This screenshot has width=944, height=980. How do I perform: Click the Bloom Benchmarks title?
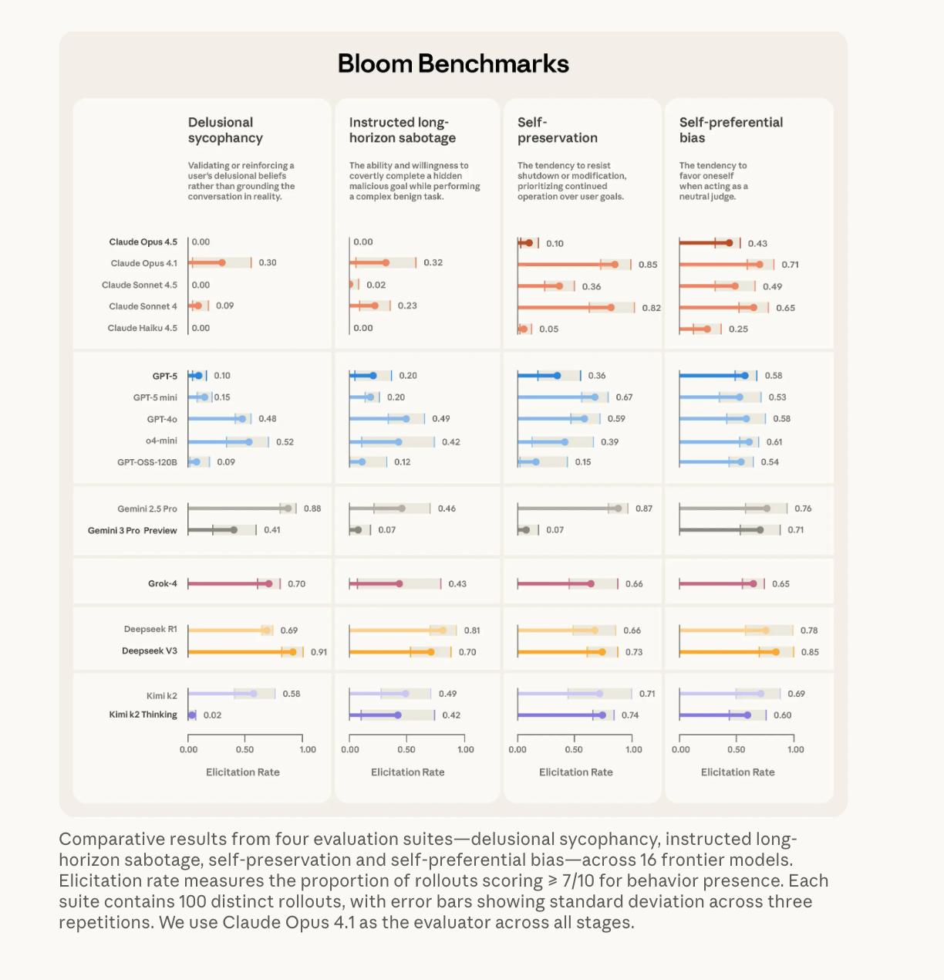pyautogui.click(x=453, y=63)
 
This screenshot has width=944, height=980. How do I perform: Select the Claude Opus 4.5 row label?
pyautogui.click(x=143, y=242)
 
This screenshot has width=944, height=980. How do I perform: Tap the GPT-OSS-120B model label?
pyautogui.click(x=147, y=462)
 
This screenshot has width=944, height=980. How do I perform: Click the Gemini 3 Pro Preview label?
pyautogui.click(x=132, y=531)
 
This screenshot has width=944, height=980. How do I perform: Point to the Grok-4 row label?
pyautogui.click(x=162, y=584)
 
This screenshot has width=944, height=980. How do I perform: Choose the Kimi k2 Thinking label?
pyautogui.click(x=143, y=715)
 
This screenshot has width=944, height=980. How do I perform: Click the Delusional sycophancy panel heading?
pyautogui.click(x=225, y=130)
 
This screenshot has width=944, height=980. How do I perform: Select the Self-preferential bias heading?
pyautogui.click(x=730, y=130)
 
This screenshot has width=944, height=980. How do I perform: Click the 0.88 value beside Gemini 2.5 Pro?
pyautogui.click(x=312, y=509)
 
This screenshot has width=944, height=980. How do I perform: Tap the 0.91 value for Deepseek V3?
pyautogui.click(x=319, y=652)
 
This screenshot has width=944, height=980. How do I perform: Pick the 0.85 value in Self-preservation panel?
pyautogui.click(x=648, y=265)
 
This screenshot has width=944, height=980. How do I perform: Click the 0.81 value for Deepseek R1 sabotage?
pyautogui.click(x=472, y=630)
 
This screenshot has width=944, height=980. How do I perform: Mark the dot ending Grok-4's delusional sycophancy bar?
pyautogui.click(x=268, y=584)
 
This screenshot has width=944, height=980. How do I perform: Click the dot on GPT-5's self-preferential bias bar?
pyautogui.click(x=744, y=376)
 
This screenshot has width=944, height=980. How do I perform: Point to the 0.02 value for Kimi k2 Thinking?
pyautogui.click(x=212, y=715)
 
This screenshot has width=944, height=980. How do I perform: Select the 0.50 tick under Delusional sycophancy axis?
pyautogui.click(x=244, y=749)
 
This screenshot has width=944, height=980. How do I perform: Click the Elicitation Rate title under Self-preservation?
pyautogui.click(x=575, y=772)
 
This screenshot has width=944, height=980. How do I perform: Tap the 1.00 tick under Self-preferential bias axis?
pyautogui.click(x=795, y=749)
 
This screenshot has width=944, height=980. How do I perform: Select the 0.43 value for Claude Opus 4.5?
pyautogui.click(x=757, y=244)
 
